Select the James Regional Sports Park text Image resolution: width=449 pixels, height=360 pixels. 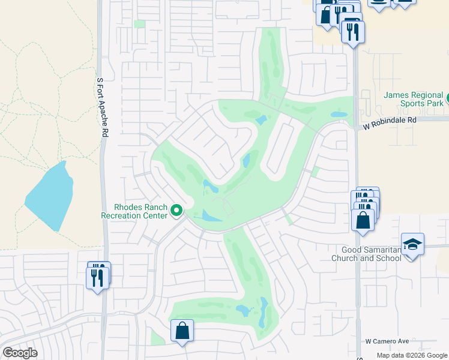click(x=413, y=99)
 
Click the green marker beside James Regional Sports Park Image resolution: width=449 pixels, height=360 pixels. click(x=447, y=97)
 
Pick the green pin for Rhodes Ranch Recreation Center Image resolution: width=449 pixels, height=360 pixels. click(x=176, y=211)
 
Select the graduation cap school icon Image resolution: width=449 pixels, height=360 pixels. click(x=412, y=244)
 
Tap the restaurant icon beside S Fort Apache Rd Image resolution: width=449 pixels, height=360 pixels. click(x=98, y=277)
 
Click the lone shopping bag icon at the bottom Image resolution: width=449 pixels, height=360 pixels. click(x=182, y=331)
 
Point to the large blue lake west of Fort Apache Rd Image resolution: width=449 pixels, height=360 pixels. click(x=48, y=195)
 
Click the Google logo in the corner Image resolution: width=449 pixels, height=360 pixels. click(x=20, y=353)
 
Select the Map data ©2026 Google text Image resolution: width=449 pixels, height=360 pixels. click(x=411, y=355)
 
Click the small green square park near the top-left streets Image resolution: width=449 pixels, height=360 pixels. click(x=140, y=24)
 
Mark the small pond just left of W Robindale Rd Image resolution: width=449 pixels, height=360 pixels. click(x=339, y=114)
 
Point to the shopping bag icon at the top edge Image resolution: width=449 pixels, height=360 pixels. click(x=326, y=13)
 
